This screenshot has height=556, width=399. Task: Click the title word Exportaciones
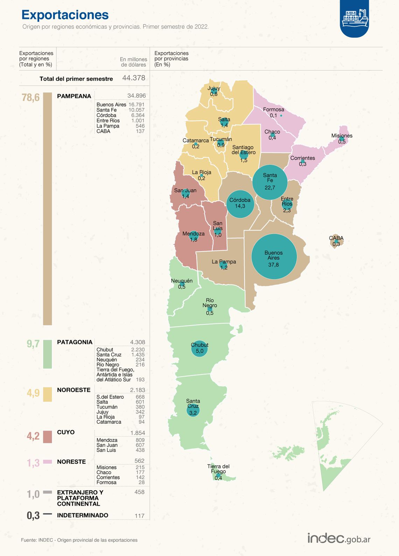[x=65, y=15]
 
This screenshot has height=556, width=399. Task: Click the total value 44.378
[x=134, y=78]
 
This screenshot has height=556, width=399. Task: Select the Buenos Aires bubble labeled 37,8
[x=274, y=256]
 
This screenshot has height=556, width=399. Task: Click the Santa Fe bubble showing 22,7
[x=270, y=182]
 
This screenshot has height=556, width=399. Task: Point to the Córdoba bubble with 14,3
[x=240, y=204]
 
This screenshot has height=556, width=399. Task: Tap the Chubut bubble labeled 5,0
[x=199, y=349]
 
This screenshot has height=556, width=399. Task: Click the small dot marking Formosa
[x=281, y=115]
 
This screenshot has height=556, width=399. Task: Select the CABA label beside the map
[x=336, y=238]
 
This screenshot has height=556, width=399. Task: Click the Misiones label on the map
[x=342, y=136]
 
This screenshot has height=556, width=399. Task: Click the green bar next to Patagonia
[x=47, y=354]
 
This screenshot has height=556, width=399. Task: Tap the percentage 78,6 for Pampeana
[x=31, y=97]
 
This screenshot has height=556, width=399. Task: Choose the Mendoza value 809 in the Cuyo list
[x=140, y=440]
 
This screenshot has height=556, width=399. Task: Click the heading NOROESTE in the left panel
[x=73, y=390]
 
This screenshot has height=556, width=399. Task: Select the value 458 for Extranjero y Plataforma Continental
[x=139, y=492]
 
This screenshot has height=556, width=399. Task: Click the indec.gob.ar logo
[x=339, y=538]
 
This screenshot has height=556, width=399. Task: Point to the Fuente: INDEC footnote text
[x=79, y=540]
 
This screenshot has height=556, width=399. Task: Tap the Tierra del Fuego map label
[x=218, y=469]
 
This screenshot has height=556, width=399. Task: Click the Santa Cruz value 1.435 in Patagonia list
[x=138, y=355]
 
